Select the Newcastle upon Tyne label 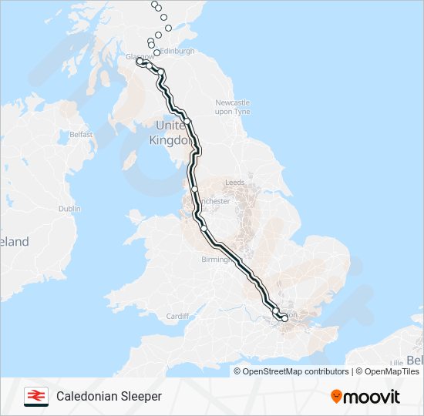(232, 107)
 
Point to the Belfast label (81, 134)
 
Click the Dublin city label (69, 208)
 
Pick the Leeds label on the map (234, 183)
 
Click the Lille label (396, 361)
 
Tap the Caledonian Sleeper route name (109, 396)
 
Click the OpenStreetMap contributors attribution (295, 371)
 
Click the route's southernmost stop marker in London (284, 317)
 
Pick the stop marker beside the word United (187, 121)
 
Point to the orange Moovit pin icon (336, 397)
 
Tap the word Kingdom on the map (172, 141)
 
